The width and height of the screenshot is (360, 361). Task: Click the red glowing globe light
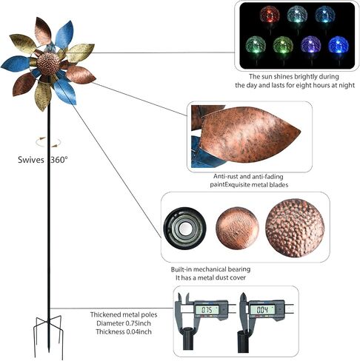click(270, 15)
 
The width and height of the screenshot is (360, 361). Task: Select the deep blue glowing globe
click(338, 45)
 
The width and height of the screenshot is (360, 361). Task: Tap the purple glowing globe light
click(310, 44)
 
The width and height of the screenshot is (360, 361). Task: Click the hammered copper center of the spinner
click(48, 64)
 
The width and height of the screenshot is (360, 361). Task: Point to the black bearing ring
click(184, 227)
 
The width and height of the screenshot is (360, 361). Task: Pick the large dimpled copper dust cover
click(295, 228)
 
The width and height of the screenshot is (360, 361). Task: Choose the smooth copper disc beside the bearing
click(237, 228)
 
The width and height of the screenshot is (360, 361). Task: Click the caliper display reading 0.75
click(207, 310)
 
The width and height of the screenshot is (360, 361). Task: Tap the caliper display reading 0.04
click(262, 310)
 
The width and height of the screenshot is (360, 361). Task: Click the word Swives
click(31, 160)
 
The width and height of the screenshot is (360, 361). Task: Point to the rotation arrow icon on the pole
click(48, 142)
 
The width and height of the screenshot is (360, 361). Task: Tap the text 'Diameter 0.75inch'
click(124, 323)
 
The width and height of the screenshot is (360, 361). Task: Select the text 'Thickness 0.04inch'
click(124, 331)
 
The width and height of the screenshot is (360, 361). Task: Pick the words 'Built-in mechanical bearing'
click(210, 269)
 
